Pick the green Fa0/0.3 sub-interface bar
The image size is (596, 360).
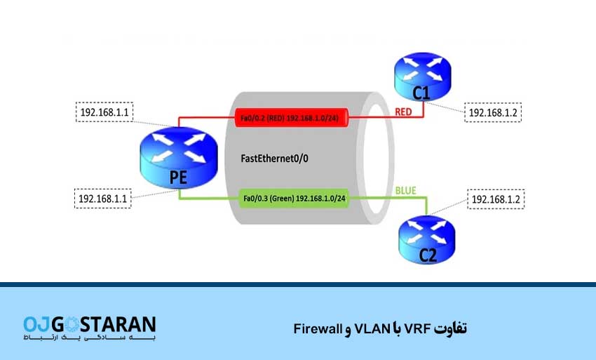click(293, 199)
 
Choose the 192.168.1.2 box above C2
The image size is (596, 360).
click(497, 201)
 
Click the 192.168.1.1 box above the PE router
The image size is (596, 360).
click(103, 112)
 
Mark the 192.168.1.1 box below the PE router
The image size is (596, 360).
click(103, 199)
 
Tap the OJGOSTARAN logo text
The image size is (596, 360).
click(90, 324)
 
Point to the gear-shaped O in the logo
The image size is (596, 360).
click(73, 324)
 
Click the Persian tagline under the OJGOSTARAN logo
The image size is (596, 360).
click(90, 339)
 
